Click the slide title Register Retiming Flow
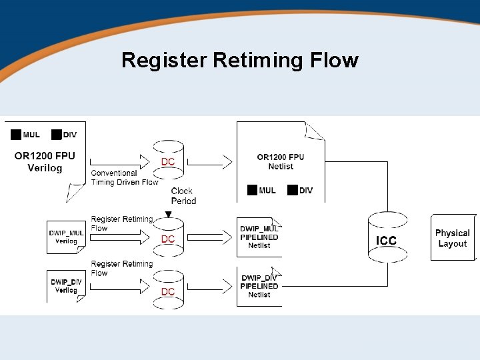coord(240,61)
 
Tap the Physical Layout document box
coord(453,237)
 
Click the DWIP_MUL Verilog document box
coord(66,237)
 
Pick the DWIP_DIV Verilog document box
coord(66,286)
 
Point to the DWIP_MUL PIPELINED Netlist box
coord(259,237)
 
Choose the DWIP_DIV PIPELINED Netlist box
coord(259,286)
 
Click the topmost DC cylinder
coord(168,161)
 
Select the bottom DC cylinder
coord(168,291)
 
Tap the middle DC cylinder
coord(168,238)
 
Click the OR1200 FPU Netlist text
coord(280,162)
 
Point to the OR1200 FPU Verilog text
coord(45,161)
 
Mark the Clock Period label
coord(183,195)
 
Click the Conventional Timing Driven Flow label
coord(125,177)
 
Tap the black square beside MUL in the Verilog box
coord(16,134)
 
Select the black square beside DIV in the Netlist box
coord(292,190)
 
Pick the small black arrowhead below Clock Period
coord(168,214)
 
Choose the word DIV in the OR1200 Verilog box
coord(69,135)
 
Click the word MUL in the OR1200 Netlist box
coord(267,191)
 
